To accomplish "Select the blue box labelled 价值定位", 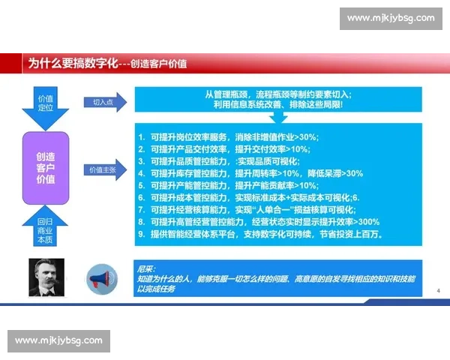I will [46, 103].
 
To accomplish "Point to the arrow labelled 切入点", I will [103, 102].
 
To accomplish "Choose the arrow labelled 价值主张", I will [103, 170].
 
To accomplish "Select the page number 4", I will [438, 289].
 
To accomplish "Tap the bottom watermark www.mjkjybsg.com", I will [59, 340].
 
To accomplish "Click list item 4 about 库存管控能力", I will [251, 173].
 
